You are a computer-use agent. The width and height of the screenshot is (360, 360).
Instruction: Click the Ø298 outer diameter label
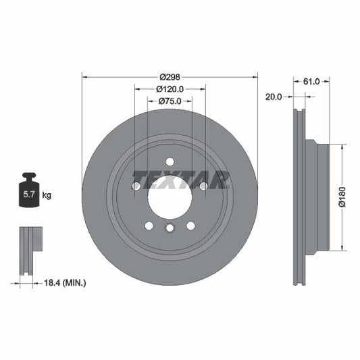(170, 76)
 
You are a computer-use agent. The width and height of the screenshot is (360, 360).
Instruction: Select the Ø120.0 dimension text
(170, 89)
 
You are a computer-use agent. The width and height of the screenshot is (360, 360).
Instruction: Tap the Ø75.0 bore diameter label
(170, 102)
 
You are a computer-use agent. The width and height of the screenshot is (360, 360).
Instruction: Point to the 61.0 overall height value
(311, 81)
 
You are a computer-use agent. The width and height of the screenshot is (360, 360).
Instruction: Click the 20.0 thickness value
(274, 97)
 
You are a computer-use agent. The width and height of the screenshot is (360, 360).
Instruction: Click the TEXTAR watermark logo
(181, 180)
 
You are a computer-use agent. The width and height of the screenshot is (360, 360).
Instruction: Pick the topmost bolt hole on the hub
(170, 161)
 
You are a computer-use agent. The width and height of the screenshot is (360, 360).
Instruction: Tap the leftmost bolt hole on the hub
(136, 186)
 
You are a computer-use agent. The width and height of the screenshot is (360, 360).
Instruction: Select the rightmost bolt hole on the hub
(203, 186)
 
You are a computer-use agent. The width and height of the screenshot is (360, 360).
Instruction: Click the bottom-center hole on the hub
(170, 230)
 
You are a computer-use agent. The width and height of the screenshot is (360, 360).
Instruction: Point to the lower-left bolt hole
(149, 226)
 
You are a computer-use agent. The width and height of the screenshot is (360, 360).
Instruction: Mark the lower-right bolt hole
(190, 226)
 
